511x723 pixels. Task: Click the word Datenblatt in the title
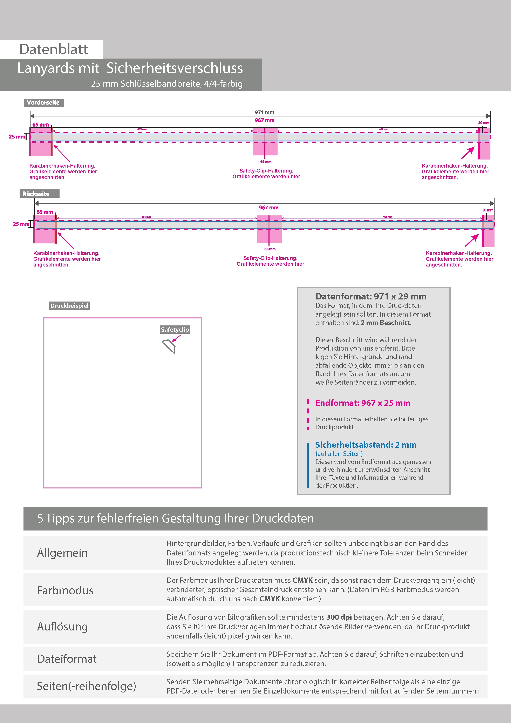54,49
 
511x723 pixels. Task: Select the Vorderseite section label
43,103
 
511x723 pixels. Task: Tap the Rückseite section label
36,194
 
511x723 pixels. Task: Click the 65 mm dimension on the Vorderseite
41,125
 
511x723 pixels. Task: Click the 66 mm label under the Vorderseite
266,162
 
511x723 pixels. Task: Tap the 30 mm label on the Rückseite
488,210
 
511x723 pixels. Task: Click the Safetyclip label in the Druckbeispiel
175,330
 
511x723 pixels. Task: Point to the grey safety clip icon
169,346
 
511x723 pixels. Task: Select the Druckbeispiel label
69,306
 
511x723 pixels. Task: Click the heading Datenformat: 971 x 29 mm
371,296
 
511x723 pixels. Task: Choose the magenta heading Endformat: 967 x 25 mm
363,403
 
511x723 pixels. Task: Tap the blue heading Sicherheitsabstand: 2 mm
366,445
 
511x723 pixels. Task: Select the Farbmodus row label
65,590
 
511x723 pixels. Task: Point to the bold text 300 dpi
339,617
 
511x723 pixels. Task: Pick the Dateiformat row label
67,659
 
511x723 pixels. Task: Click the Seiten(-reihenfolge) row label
86,686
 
